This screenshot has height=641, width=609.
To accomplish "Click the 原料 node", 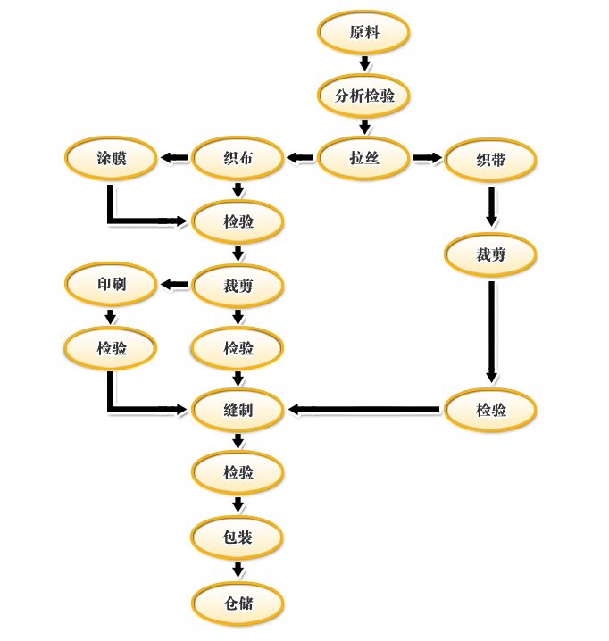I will (364, 32).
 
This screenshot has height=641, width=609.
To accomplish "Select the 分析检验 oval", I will (364, 96).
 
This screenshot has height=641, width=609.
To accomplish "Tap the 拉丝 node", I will (364, 159).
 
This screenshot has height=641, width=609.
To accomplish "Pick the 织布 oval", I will (238, 159).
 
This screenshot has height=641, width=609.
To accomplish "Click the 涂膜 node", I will (112, 159).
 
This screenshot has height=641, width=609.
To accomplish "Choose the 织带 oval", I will (490, 161).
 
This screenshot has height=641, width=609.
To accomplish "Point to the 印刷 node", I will (112, 286).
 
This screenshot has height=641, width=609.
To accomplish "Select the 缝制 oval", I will (238, 410).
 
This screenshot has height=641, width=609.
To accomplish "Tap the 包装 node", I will (238, 537).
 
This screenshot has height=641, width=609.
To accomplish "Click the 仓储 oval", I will (238, 603).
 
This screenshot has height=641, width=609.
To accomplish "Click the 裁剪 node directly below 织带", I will (490, 254).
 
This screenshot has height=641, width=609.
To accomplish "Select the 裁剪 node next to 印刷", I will (238, 286).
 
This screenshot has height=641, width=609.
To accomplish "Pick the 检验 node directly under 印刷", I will (112, 348).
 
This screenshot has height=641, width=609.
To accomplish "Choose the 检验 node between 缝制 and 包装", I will (238, 472).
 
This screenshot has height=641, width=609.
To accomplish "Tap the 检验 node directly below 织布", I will (238, 221).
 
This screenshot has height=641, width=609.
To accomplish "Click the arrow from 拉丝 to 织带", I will (428, 159).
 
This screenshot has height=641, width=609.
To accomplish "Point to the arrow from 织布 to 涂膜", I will (175, 159).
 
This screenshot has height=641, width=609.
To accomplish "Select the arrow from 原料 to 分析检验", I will (364, 63).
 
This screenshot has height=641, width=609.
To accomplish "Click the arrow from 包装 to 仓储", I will (238, 570).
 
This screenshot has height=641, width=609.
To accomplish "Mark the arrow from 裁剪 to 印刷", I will (175, 286).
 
